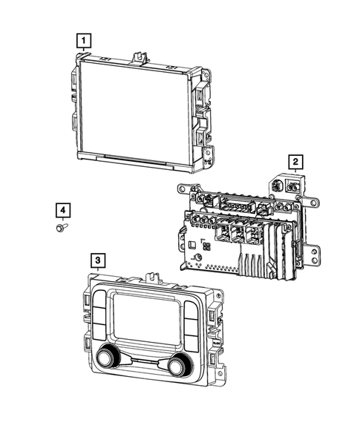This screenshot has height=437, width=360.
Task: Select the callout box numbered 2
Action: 295,161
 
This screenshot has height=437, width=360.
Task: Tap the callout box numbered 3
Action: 98,260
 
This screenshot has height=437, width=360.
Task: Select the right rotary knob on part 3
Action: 178,365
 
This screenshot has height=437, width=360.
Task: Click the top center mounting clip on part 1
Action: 138,56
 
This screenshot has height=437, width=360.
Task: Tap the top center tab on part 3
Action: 154,277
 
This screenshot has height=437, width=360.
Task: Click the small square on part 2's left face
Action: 192,243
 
